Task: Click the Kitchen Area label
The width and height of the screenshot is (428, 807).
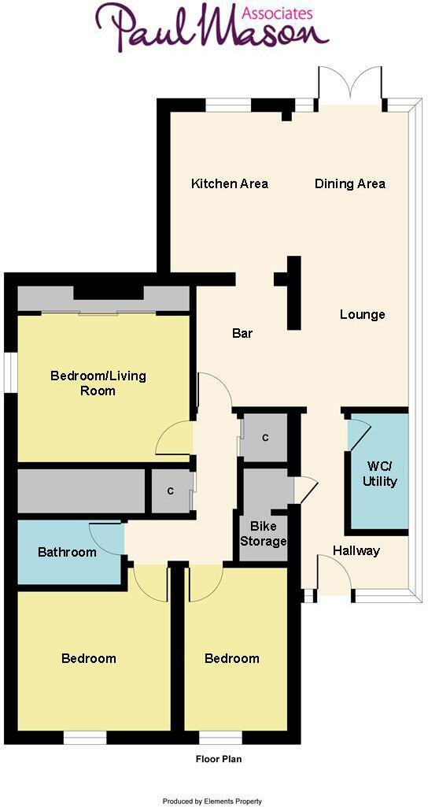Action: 230,184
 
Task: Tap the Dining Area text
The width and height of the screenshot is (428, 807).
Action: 350,184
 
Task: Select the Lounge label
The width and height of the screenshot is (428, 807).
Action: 363,315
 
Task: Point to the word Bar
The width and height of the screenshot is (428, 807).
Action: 242,334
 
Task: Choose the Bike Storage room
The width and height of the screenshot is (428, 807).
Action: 264,533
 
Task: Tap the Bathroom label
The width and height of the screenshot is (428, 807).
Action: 67,552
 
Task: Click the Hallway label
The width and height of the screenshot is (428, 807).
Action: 356,550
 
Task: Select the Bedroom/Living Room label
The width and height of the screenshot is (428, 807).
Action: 98,383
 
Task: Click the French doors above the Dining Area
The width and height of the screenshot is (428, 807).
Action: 350,85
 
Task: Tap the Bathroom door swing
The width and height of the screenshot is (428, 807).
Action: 107,538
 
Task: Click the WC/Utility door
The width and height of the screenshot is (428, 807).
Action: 358,434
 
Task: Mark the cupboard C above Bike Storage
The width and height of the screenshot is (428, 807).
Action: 266,437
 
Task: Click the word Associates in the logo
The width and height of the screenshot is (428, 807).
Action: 276,13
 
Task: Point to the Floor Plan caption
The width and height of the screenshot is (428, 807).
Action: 217,760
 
